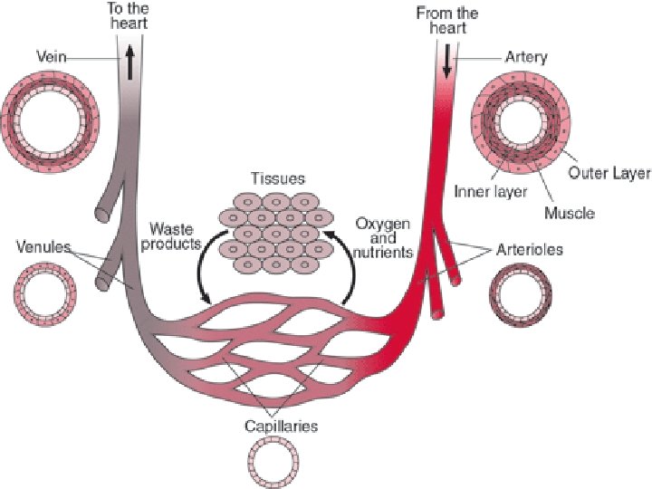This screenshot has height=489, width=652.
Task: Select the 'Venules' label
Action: click(43, 246)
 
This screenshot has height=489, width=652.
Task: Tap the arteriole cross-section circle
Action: click(515, 295)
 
